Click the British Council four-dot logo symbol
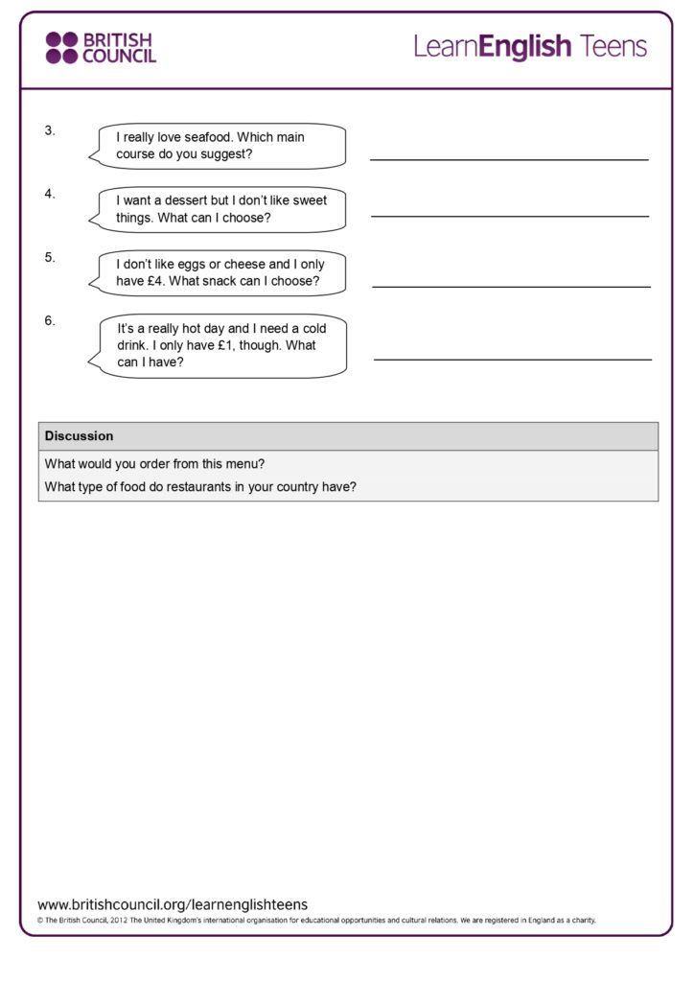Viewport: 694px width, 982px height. [61, 48]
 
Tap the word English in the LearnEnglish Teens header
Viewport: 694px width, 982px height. [525, 46]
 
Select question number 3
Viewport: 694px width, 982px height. [50, 130]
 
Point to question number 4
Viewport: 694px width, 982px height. [50, 194]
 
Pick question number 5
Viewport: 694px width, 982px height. [50, 257]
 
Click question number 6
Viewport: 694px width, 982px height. [50, 320]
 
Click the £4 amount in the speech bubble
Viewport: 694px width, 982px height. [153, 281]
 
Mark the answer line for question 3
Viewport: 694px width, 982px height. [509, 159]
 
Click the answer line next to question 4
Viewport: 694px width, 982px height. [509, 216]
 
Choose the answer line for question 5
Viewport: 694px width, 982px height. [511, 286]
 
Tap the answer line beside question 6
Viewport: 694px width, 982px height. [512, 360]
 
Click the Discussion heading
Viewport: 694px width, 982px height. [79, 435]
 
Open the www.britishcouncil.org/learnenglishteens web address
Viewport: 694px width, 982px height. [173, 904]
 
